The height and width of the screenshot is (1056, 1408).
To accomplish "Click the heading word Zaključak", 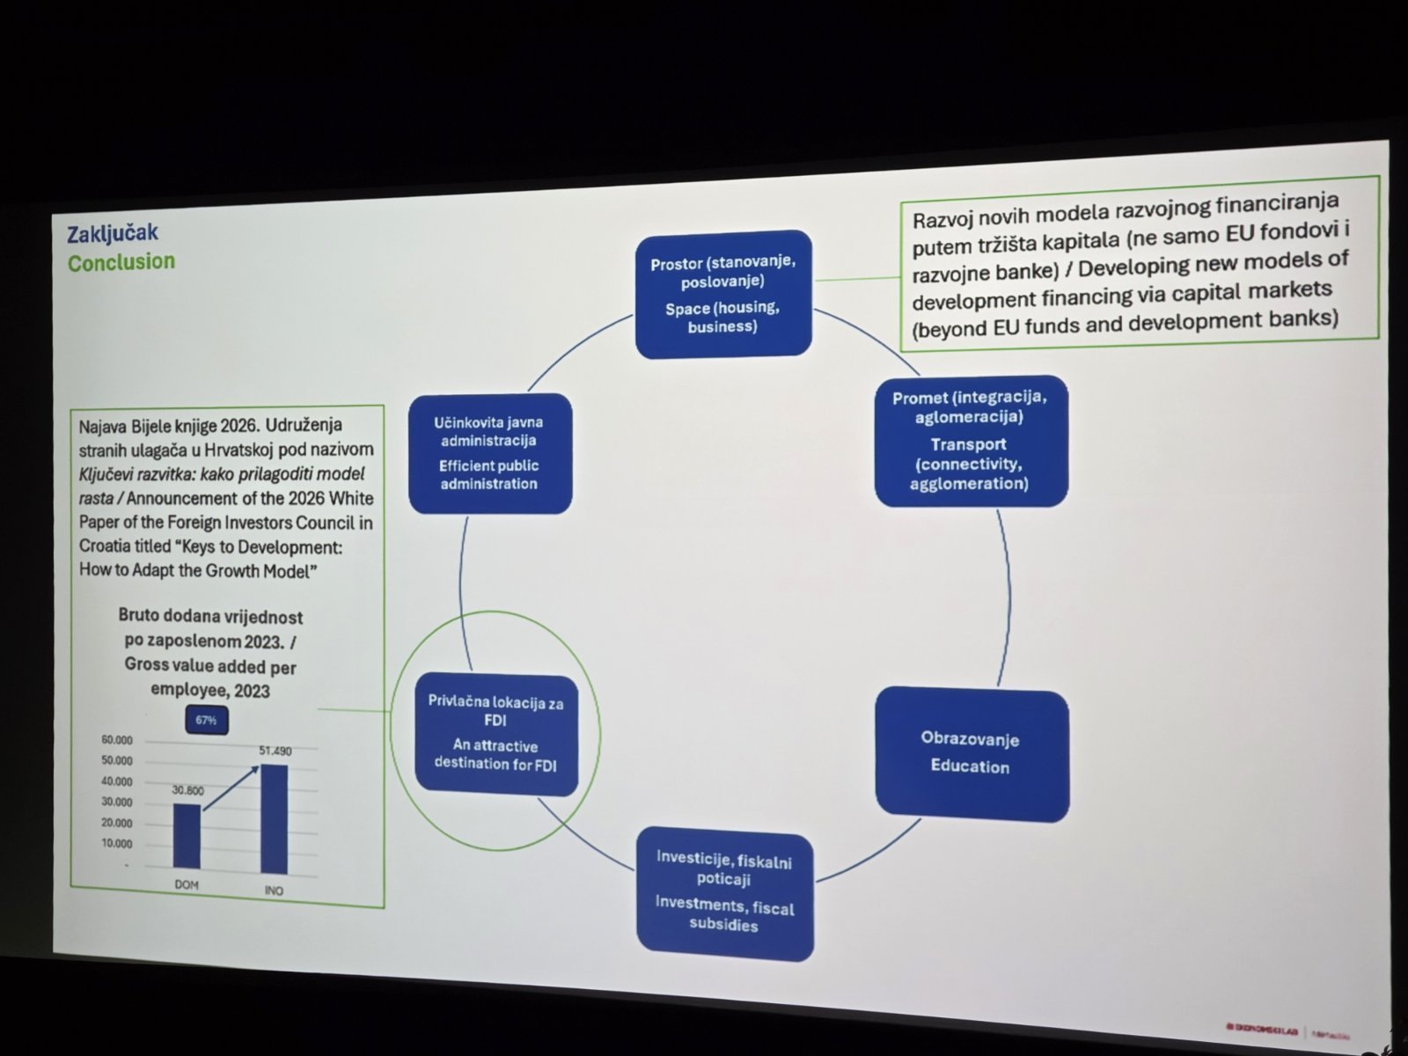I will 112,233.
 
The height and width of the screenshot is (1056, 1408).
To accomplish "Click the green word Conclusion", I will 121,262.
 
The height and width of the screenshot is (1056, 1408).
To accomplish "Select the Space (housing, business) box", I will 722,295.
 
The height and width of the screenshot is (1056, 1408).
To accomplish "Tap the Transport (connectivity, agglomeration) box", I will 970,441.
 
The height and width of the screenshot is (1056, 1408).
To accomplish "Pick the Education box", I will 972,754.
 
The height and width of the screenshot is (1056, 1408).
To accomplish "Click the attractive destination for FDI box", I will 496,734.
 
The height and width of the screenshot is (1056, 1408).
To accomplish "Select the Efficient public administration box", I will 489,453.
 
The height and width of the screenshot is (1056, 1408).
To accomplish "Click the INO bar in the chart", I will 274,818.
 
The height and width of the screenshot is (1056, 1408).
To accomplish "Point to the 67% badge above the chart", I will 206,720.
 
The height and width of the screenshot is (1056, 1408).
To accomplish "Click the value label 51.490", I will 275,751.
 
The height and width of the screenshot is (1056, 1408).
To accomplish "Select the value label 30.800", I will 187,790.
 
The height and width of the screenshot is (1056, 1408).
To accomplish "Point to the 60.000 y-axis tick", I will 116,740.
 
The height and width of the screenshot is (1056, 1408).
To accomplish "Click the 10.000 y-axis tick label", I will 116,844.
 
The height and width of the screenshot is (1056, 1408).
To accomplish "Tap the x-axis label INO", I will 274,891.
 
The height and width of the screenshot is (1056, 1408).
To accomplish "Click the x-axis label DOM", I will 187,884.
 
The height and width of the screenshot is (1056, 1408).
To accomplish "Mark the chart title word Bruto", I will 139,616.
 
